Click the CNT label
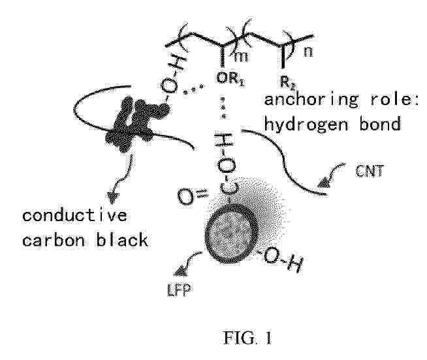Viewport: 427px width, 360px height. click(370, 171)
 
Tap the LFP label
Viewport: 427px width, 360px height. click(179, 290)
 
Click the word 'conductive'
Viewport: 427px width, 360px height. click(74, 215)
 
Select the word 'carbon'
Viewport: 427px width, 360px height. click(54, 240)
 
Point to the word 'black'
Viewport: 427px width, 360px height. click(122, 240)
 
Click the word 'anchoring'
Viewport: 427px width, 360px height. click(311, 100)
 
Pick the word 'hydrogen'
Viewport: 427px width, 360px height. click(306, 125)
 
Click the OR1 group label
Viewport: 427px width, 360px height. click(230, 79)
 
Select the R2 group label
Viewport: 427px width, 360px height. click(287, 83)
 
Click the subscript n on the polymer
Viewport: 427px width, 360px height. click(308, 52)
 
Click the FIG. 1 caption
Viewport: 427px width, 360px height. click(247, 338)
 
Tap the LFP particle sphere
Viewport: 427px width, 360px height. click(230, 233)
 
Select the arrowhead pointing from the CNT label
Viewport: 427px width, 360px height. click(324, 183)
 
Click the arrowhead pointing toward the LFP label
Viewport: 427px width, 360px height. click(180, 271)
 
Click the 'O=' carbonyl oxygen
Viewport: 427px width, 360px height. click(193, 196)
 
